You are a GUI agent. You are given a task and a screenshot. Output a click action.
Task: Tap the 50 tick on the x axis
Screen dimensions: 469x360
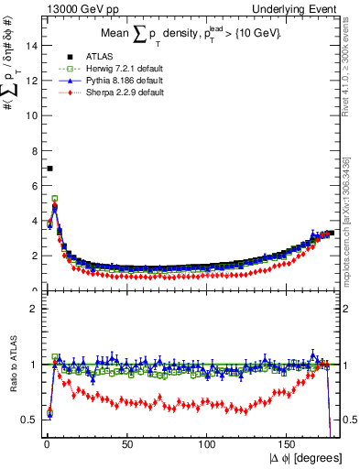point(126,444)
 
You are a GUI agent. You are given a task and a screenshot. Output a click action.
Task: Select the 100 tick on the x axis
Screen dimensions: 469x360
point(207,444)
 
